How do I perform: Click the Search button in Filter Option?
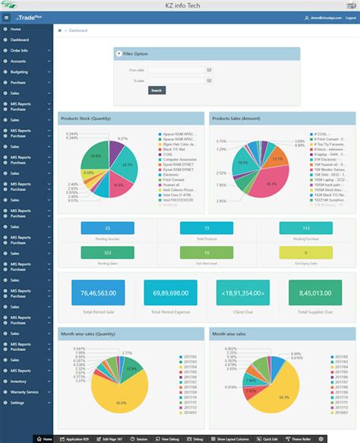point(156,90)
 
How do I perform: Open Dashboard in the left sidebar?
point(20,40)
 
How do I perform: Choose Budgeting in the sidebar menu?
point(20,71)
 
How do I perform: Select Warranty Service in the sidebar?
point(24,391)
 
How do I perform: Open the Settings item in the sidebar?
point(17,402)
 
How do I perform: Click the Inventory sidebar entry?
point(18,381)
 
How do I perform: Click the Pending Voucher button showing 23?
point(108,228)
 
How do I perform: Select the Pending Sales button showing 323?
point(108,252)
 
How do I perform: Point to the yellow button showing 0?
point(305,252)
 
